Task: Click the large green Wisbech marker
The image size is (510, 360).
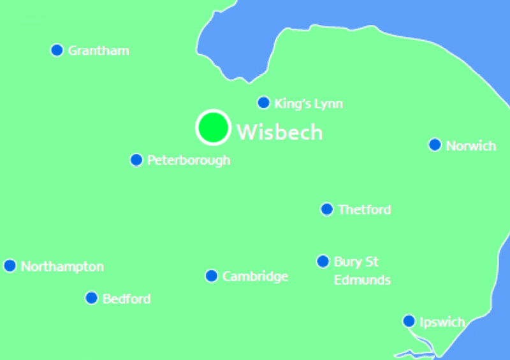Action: pyautogui.click(x=212, y=127)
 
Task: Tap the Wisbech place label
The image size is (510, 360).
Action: pyautogui.click(x=280, y=133)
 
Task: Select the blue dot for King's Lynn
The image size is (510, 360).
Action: pyautogui.click(x=263, y=103)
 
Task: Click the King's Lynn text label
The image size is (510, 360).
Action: pyautogui.click(x=309, y=103)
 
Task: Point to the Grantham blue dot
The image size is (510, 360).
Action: pyautogui.click(x=57, y=50)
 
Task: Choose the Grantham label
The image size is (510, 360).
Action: pyautogui.click(x=98, y=50)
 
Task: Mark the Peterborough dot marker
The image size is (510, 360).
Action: pyautogui.click(x=136, y=160)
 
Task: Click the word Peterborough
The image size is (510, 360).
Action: pyautogui.click(x=189, y=161)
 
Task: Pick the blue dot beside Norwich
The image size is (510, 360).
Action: pyautogui.click(x=435, y=145)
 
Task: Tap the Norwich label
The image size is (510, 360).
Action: pyautogui.click(x=470, y=146)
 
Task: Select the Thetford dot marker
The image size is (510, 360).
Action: pyautogui.click(x=326, y=209)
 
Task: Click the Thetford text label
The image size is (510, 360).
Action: pyautogui.click(x=365, y=210)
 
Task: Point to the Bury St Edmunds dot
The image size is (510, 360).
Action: pyautogui.click(x=323, y=261)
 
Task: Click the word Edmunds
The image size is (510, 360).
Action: pyautogui.click(x=362, y=280)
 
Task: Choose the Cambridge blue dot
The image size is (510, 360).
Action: pyautogui.click(x=211, y=276)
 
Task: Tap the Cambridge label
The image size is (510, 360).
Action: pyautogui.click(x=255, y=277)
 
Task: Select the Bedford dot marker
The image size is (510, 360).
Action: pyautogui.click(x=91, y=298)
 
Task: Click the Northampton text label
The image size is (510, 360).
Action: pyautogui.click(x=62, y=266)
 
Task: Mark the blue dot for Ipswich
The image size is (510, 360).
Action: pyautogui.click(x=409, y=321)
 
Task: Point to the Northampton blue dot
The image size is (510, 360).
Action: pyautogui.click(x=10, y=266)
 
